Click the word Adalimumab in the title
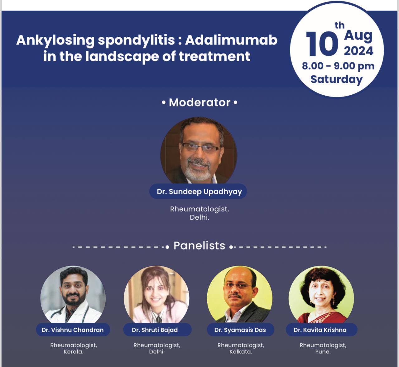click(x=231, y=40)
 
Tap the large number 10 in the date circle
click(x=322, y=44)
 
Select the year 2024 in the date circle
click(x=358, y=51)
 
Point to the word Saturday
click(x=337, y=79)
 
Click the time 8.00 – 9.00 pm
click(x=338, y=66)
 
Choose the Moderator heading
click(x=199, y=102)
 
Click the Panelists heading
click(x=199, y=246)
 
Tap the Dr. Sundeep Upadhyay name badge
click(x=198, y=192)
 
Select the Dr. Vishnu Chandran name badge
click(x=73, y=330)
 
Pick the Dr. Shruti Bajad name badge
click(x=157, y=330)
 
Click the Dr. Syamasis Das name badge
click(x=240, y=330)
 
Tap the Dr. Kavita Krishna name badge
click(x=321, y=330)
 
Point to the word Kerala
click(x=73, y=352)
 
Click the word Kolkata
click(x=241, y=352)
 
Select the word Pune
click(x=323, y=352)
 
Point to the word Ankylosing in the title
click(x=55, y=41)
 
